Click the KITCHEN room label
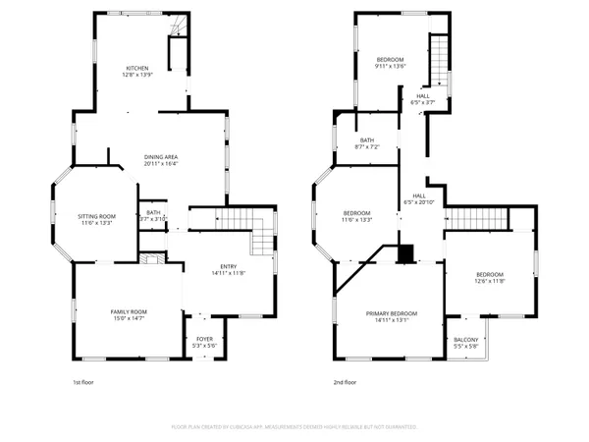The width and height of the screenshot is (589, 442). (x=136, y=68)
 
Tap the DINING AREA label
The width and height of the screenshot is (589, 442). (x=161, y=156)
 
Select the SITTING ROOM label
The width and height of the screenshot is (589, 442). (x=98, y=216)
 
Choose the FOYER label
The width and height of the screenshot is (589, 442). (x=204, y=339)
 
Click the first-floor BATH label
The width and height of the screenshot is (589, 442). (x=153, y=212)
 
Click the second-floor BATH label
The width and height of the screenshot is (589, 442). (x=367, y=140)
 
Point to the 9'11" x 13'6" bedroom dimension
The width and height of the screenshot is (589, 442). (x=390, y=67)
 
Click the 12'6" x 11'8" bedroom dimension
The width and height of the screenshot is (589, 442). (x=490, y=281)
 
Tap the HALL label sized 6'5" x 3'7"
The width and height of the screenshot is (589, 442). (x=422, y=95)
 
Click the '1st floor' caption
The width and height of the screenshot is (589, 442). (x=86, y=382)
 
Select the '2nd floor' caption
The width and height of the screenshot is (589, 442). (x=345, y=382)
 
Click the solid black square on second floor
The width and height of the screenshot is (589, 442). (x=405, y=253)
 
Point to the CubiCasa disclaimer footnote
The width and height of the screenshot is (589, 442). (x=294, y=427)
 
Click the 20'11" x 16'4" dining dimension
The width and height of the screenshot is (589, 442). (x=161, y=163)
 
